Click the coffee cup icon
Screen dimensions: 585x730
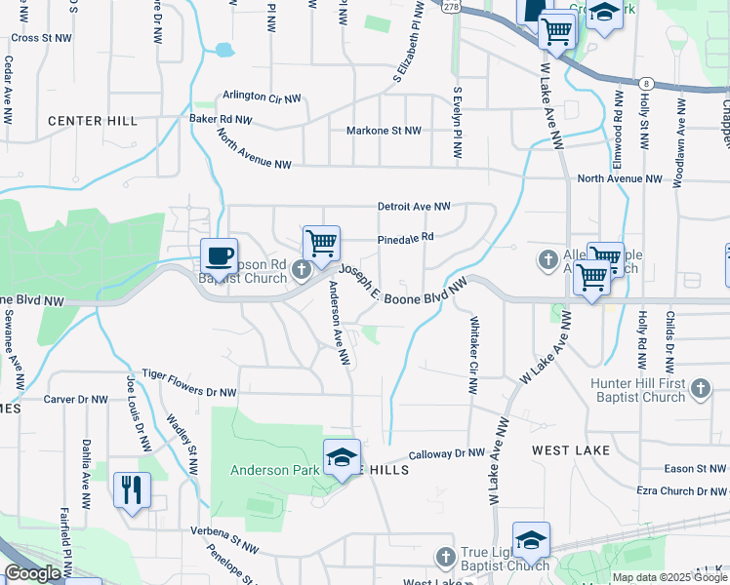(219, 255)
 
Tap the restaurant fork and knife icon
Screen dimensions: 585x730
(132, 488)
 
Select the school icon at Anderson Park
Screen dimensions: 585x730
(343, 457)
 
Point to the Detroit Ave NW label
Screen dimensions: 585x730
(415, 207)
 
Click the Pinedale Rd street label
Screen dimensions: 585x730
(404, 236)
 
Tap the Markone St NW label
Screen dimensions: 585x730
(384, 131)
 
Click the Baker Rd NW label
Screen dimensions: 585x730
(221, 120)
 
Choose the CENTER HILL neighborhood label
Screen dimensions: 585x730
(93, 121)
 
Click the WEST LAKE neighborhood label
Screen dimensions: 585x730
(571, 450)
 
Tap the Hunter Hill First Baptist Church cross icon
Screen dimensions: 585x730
(700, 390)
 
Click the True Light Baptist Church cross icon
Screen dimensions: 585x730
(445, 557)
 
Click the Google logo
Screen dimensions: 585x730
(32, 573)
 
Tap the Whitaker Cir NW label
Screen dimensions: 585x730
(472, 355)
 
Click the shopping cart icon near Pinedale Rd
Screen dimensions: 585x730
(321, 244)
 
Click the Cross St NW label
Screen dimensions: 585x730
(42, 38)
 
